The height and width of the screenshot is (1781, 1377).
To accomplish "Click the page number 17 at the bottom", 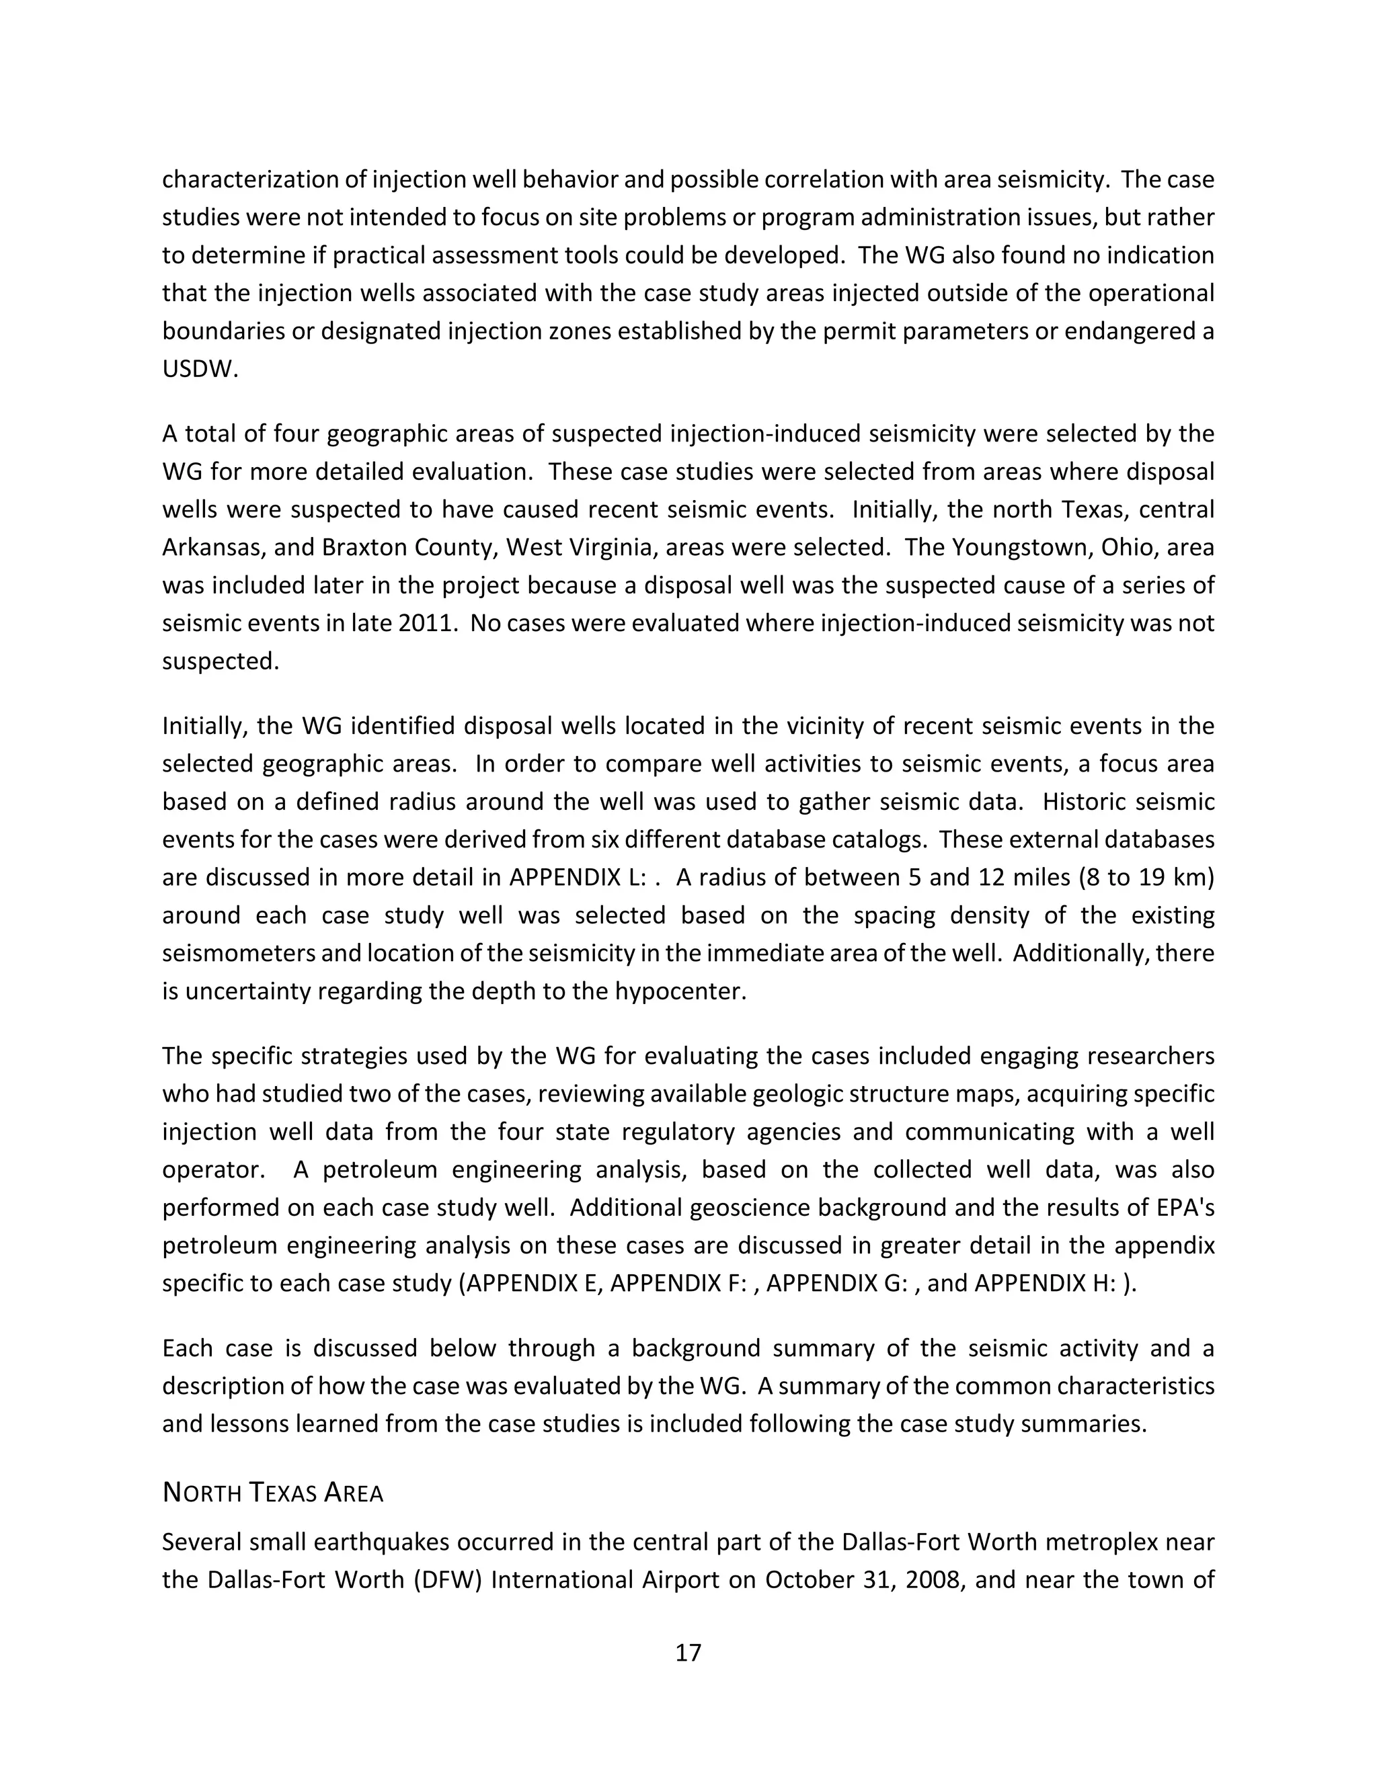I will pos(688,1652).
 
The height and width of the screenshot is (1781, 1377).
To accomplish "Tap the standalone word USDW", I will pos(200,370).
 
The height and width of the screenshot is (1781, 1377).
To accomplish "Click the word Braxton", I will pos(366,547).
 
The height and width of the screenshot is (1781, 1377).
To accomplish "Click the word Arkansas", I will pos(211,547).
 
